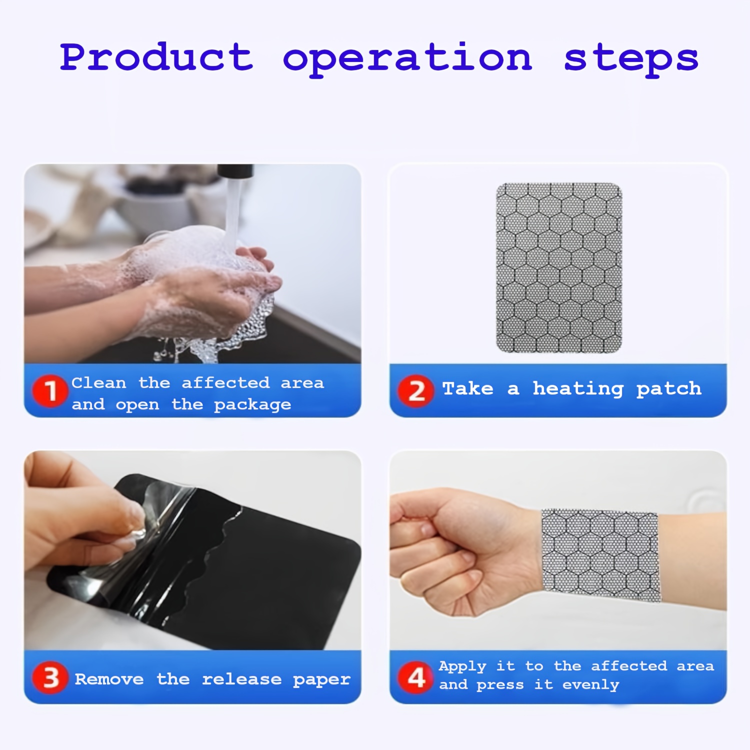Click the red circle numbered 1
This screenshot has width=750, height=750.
point(50,391)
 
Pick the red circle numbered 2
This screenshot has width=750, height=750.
point(416,391)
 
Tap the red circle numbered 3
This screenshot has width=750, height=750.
point(50,678)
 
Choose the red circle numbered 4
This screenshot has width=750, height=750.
point(416,678)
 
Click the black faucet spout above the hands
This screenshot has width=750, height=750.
point(235,171)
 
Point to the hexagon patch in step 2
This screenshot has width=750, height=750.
point(559,267)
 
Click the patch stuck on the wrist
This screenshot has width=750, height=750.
point(600,555)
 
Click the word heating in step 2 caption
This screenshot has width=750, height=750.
point(578,389)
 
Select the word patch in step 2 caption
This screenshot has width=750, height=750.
point(668,389)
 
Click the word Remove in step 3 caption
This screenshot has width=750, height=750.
point(109,679)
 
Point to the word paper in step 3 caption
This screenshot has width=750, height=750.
point(321,680)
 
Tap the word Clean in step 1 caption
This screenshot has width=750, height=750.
point(98,383)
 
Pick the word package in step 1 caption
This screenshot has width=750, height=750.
point(252,405)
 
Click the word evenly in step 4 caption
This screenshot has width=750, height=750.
point(591,685)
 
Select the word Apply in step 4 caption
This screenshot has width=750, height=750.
point(462,666)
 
